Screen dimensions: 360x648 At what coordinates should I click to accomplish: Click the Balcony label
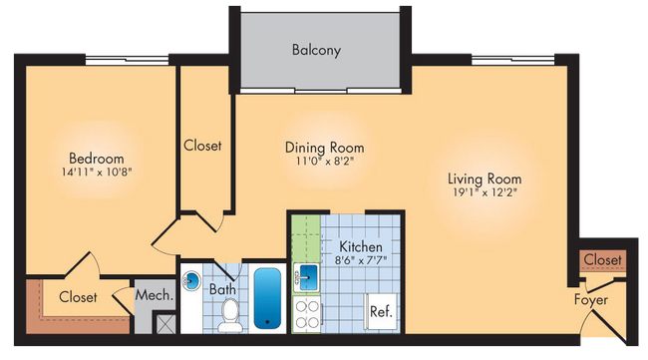point(316,49)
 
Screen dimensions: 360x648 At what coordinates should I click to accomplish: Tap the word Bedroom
point(96,159)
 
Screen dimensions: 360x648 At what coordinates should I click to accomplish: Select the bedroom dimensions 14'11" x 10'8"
point(96,174)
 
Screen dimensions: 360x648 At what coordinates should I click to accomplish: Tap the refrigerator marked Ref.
point(380,310)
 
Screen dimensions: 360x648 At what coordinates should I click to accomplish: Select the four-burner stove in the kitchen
point(305,314)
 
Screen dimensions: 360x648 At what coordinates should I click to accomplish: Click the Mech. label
point(154,296)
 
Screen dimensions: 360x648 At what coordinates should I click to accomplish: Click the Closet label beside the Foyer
point(602,260)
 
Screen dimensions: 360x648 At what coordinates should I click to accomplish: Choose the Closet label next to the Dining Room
point(202,146)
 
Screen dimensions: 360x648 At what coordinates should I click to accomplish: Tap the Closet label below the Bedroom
point(78,297)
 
